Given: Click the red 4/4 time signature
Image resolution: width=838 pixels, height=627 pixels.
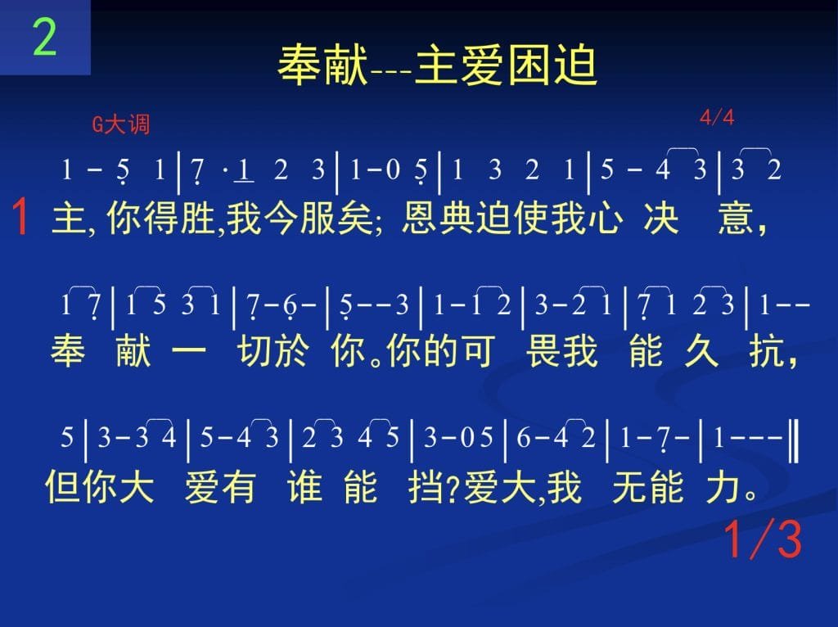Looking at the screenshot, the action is (717, 117).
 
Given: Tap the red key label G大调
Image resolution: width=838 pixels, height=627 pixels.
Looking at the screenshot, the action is (121, 124).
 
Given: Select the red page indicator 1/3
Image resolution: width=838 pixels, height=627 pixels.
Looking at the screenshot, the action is (764, 539).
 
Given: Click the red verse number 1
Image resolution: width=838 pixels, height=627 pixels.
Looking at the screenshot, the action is (20, 216).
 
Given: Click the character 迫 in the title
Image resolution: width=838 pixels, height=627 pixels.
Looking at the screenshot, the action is (575, 65).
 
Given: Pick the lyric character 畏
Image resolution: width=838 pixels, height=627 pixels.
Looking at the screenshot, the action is (543, 351).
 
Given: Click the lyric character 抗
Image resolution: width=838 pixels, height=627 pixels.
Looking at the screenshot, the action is (767, 351).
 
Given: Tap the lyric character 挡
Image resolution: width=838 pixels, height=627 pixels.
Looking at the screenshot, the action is (426, 486).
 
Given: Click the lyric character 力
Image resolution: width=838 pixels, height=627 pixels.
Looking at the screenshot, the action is (723, 486).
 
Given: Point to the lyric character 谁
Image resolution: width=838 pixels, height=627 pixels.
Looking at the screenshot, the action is (304, 486).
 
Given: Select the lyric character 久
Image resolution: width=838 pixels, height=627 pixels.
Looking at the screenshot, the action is (701, 351).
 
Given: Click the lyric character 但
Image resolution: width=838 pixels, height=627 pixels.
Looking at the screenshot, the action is (62, 486).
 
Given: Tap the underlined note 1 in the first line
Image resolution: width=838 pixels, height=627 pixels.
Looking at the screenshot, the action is (244, 171).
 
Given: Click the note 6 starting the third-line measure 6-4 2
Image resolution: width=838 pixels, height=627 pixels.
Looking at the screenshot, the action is (523, 438).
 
